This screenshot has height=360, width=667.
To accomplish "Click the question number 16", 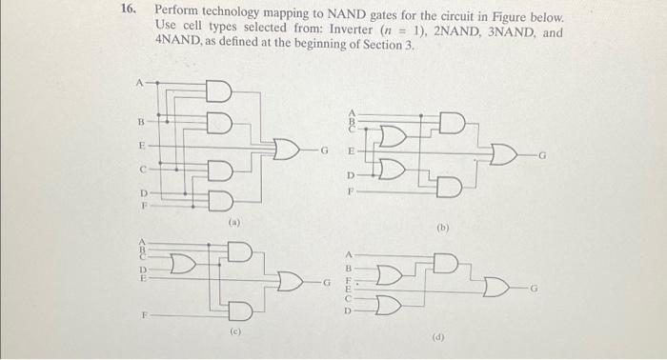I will pyautogui.click(x=125, y=16).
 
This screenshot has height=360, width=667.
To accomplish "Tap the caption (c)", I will pyautogui.click(x=235, y=332).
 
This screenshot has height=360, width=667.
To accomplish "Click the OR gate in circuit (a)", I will pyautogui.click(x=285, y=150).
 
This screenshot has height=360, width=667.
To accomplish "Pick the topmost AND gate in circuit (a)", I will pyautogui.click(x=218, y=90).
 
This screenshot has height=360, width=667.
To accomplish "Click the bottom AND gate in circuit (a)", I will pyautogui.click(x=218, y=200).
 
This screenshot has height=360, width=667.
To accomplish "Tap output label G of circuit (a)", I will pyautogui.click(x=324, y=150).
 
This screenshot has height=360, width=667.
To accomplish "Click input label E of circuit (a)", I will pyautogui.click(x=142, y=146).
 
